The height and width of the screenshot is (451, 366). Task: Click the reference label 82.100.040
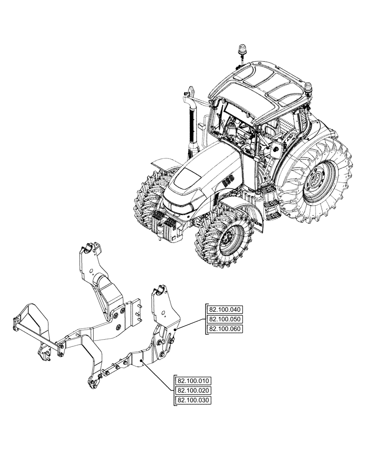pos(225,310)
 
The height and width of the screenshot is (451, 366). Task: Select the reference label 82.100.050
pos(225,319)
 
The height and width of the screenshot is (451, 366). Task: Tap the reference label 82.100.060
pos(225,329)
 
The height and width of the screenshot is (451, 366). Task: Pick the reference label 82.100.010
pos(193,381)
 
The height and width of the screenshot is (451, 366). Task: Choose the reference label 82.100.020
pos(193,390)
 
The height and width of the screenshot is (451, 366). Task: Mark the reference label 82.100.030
pos(193,400)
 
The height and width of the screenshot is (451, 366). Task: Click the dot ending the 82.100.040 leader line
pos(174,331)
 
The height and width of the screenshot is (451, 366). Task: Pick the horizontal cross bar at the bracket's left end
pos(34,334)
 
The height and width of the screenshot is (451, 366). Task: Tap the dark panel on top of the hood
pos(189,175)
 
